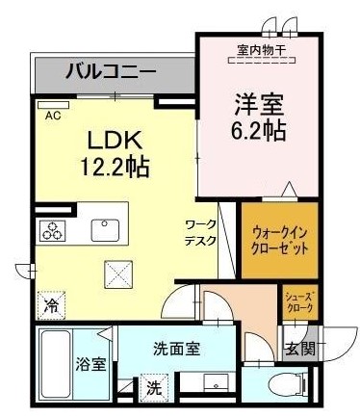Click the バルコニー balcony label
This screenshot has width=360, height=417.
(111, 70)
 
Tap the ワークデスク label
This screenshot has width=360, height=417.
(200, 232)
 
